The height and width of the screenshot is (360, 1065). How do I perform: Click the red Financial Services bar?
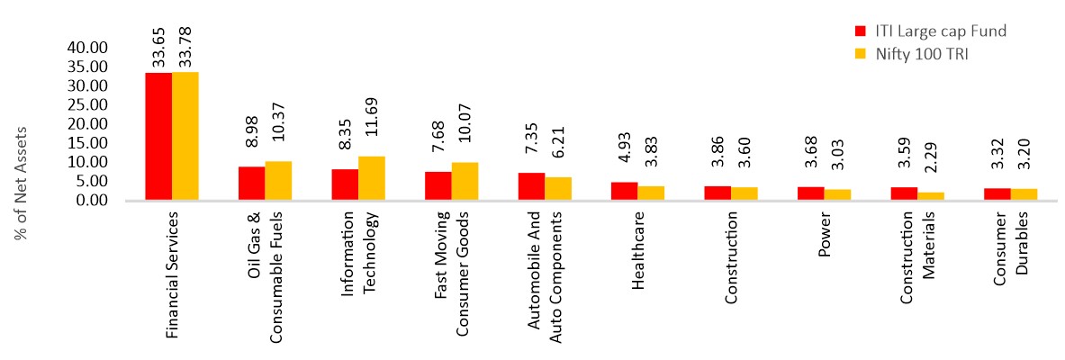[158, 136]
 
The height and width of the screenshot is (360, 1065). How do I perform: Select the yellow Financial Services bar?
[185, 136]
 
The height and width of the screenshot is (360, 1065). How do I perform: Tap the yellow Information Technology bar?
[372, 178]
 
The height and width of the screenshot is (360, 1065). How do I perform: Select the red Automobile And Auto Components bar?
[531, 186]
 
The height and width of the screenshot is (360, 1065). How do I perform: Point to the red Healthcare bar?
[624, 191]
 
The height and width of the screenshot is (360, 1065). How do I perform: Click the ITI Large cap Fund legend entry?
[927, 31]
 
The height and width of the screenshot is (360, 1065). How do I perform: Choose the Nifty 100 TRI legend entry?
[920, 54]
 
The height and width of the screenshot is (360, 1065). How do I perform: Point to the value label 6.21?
[558, 153]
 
